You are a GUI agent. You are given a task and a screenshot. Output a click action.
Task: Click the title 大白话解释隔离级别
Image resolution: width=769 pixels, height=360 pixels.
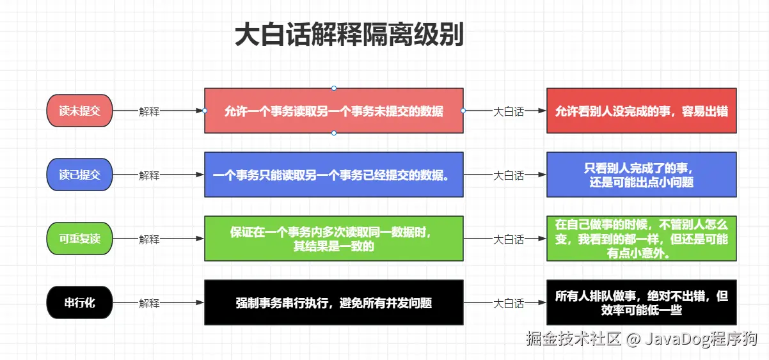click(349, 35)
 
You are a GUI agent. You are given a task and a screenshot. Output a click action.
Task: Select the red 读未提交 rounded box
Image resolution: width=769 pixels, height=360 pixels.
click(80, 111)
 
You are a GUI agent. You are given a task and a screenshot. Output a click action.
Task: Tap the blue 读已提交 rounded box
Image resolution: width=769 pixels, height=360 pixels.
click(80, 175)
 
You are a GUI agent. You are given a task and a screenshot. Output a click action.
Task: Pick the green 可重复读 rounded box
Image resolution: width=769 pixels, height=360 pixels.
click(80, 239)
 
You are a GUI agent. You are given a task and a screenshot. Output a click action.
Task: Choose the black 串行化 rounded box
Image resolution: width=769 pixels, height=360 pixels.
click(80, 302)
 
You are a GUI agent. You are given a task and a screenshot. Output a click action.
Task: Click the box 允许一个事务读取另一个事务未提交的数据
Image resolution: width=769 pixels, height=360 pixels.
click(333, 111)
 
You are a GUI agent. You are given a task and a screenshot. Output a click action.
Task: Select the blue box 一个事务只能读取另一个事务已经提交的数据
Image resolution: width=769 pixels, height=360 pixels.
click(333, 175)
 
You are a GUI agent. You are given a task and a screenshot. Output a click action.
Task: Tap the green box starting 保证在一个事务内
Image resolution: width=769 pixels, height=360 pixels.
click(333, 239)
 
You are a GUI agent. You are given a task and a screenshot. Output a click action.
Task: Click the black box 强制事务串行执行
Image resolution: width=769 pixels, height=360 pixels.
click(333, 302)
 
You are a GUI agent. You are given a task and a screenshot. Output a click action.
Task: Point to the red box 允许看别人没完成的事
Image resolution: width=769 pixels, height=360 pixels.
click(641, 111)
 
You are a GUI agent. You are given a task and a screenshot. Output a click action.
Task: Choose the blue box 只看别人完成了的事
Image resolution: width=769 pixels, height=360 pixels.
click(641, 175)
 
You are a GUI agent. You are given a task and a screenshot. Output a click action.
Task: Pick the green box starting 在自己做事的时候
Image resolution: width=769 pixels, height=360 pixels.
click(641, 239)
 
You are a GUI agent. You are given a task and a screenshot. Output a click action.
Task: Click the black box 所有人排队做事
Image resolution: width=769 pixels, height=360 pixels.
click(641, 302)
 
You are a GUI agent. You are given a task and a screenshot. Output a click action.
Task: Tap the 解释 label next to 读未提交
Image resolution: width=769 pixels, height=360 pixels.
click(149, 111)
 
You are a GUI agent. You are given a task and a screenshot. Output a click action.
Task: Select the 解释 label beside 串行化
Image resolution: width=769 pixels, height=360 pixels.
click(149, 303)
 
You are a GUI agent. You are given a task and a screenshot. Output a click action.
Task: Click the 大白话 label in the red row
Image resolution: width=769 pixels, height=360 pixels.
click(508, 111)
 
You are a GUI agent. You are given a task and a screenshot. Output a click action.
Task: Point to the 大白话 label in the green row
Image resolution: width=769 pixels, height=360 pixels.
click(508, 239)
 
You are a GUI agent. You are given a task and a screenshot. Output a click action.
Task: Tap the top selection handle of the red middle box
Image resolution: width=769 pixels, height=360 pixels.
click(334, 88)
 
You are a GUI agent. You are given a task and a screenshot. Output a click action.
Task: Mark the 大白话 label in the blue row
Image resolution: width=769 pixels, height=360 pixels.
click(508, 175)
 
